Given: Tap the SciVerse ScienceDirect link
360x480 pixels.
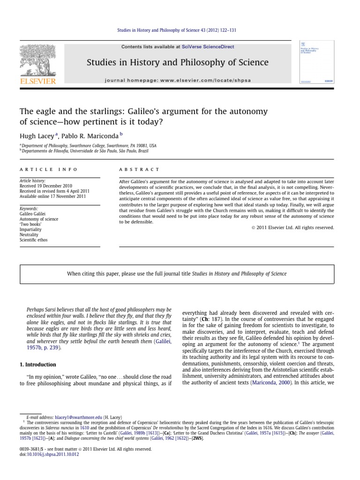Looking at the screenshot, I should [208, 47].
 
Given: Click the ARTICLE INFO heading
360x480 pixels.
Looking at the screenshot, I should [48, 169].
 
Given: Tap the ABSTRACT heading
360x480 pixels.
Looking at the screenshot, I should [139, 169].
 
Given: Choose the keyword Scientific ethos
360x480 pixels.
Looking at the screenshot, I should [33, 240].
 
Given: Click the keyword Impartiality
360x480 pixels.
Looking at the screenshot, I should [30, 230].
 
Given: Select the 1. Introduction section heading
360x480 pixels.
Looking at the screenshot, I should [37, 364].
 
